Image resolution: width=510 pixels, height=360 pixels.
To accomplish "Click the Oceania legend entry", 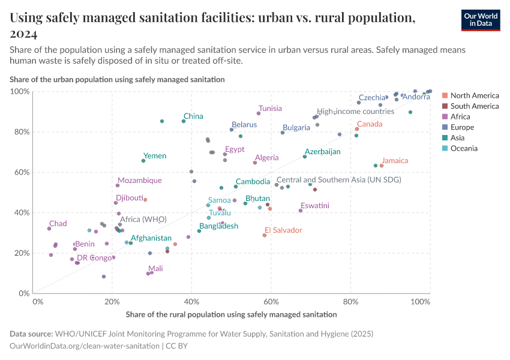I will click(464, 148).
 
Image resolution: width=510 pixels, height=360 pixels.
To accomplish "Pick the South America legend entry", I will click(474, 106).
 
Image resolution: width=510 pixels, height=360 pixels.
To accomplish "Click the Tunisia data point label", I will click(270, 109).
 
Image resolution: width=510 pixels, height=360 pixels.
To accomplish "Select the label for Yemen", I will click(155, 156).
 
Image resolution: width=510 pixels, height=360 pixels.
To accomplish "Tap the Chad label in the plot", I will click(58, 224).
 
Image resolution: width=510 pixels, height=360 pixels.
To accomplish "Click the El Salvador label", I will click(283, 230).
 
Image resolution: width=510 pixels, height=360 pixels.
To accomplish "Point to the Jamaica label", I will click(395, 161).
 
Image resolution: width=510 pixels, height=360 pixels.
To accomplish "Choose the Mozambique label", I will click(140, 181).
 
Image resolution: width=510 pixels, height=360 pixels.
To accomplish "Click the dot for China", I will click(184, 121).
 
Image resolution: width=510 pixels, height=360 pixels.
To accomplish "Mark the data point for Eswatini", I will click(301, 211).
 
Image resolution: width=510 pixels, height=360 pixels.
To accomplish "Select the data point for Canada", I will click(357, 129).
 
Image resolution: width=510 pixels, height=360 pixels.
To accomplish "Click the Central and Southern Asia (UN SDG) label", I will click(338, 179).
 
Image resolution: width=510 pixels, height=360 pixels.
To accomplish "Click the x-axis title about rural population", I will click(231, 314).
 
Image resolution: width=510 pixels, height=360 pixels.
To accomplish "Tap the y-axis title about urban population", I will click(117, 79).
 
